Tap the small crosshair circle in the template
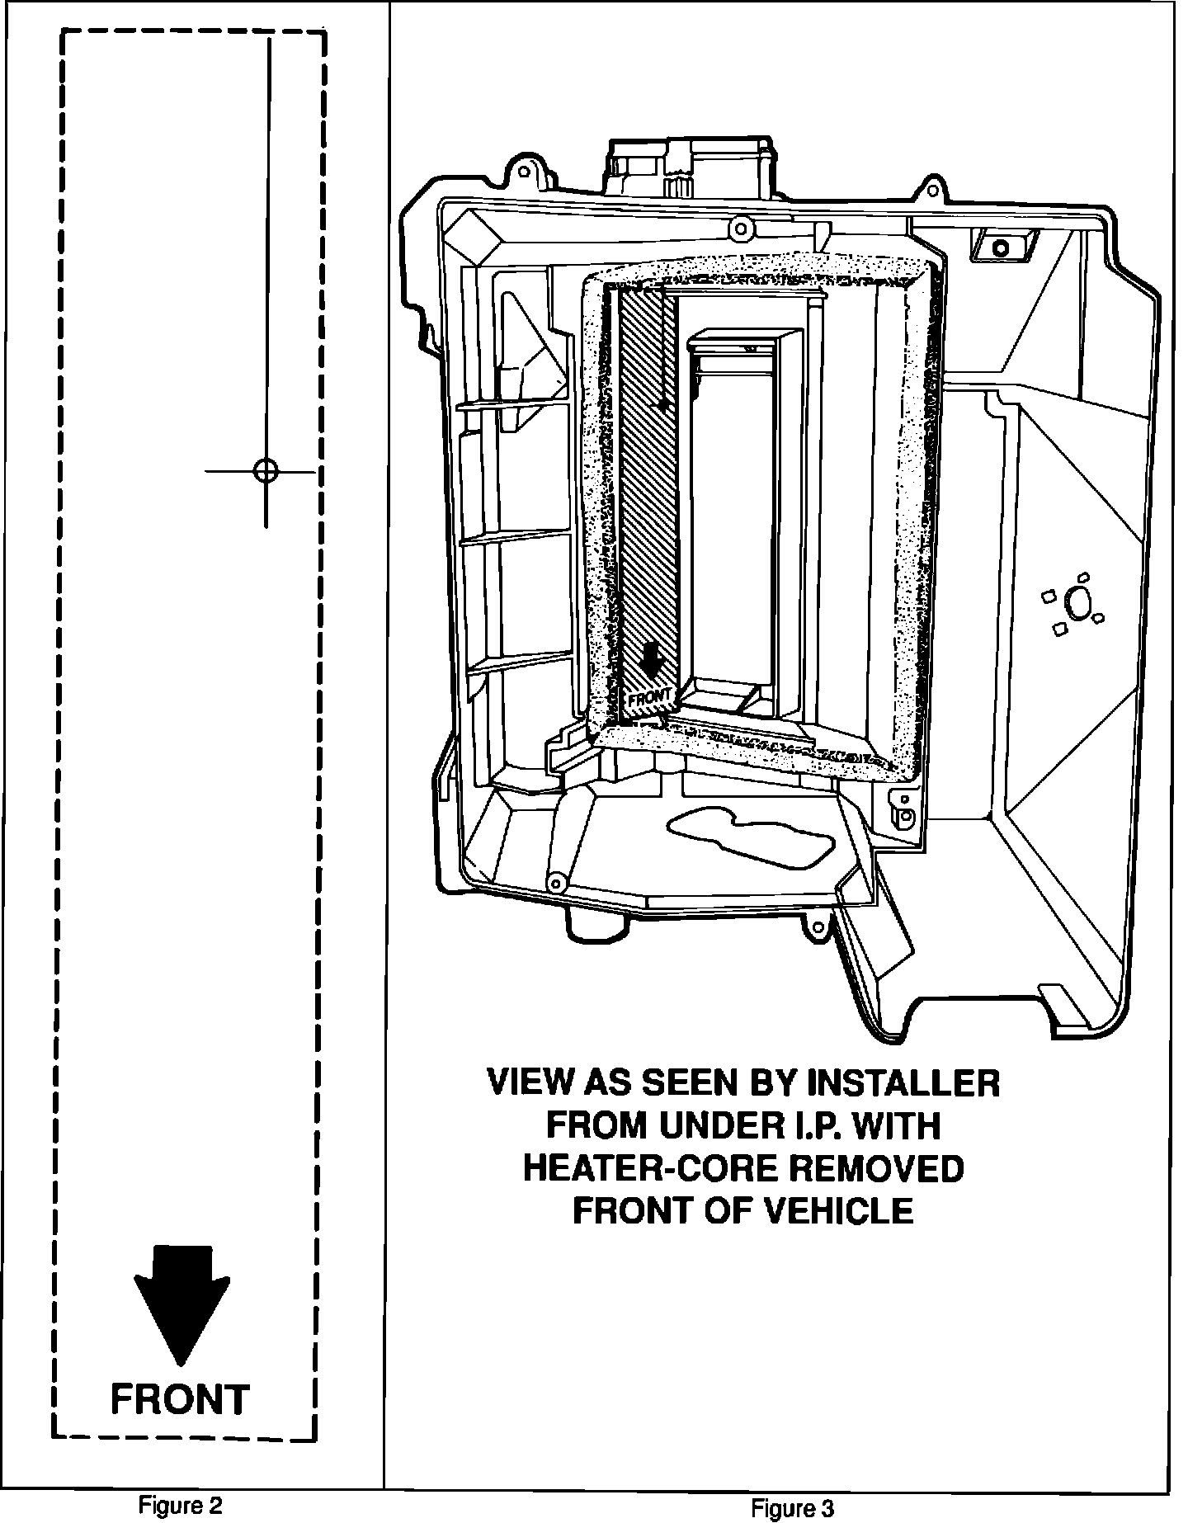(266, 471)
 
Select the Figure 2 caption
(181, 1505)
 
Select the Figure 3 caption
(792, 1509)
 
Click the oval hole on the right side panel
(1077, 604)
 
